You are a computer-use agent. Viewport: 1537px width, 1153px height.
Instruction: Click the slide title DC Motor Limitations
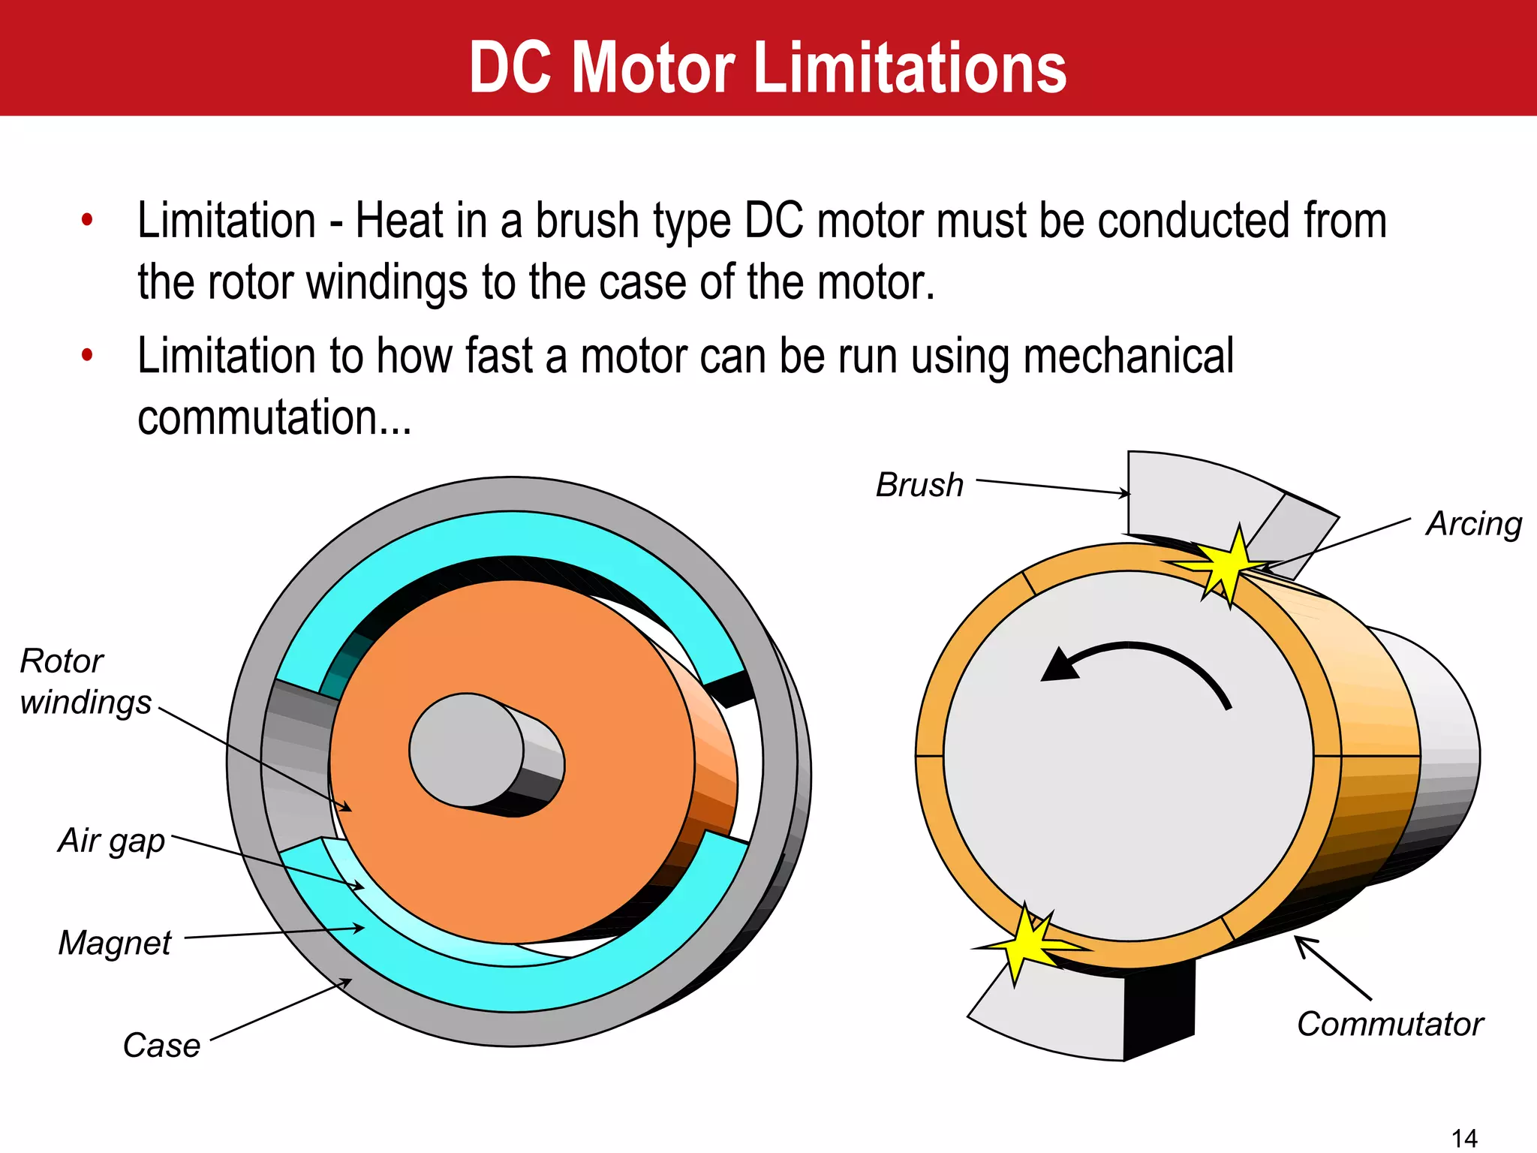point(768,68)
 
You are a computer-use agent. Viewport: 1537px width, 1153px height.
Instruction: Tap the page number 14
point(1464,1138)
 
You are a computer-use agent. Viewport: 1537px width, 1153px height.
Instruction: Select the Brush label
point(920,485)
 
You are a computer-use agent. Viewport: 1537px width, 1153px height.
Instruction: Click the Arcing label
point(1474,524)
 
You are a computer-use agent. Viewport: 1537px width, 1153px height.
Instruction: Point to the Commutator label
point(1390,1024)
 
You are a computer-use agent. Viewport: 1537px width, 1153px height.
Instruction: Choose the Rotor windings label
point(85,682)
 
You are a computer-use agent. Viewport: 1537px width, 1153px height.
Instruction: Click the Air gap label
point(112,841)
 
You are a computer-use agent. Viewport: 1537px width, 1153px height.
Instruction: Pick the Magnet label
point(115,943)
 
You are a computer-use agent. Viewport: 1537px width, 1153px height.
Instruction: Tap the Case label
point(161,1045)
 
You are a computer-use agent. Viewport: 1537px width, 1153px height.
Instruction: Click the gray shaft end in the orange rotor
point(467,749)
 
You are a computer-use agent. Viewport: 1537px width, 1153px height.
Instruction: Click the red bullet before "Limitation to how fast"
point(87,355)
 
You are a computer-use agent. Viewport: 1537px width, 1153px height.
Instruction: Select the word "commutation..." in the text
point(275,417)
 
